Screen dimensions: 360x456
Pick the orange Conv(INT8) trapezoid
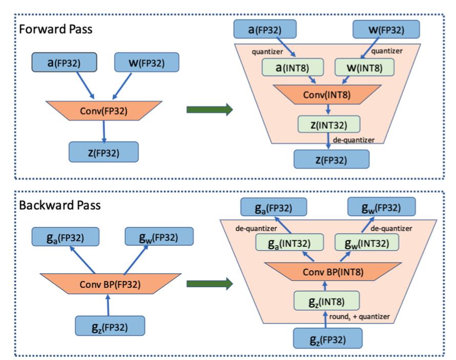pos(329,95)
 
